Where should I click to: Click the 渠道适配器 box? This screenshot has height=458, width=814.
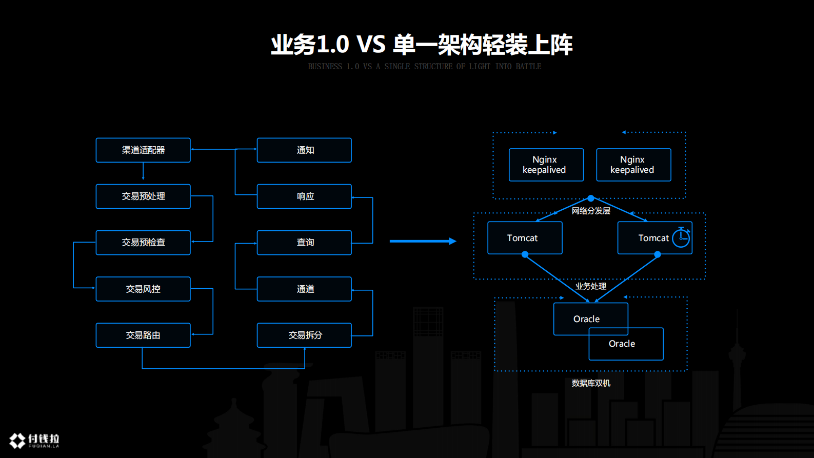(143, 150)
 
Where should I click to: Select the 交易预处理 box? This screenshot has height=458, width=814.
(143, 196)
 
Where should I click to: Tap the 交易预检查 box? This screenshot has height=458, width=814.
(143, 243)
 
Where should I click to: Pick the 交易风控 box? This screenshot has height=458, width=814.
(143, 289)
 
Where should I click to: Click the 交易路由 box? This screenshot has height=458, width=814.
(143, 335)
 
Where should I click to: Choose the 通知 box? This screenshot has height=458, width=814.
(304, 150)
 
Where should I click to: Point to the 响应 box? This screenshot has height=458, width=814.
(304, 196)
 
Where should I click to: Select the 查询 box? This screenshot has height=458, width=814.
(304, 243)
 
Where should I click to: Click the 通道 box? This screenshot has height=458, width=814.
(304, 289)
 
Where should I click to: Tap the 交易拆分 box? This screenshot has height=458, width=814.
(304, 335)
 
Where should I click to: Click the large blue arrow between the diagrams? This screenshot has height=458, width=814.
(423, 241)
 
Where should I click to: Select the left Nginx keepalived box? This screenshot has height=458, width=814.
(546, 165)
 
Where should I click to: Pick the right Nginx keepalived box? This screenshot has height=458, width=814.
(633, 165)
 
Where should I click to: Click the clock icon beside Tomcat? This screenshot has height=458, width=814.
(681, 237)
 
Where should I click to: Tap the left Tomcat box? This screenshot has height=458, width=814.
(525, 238)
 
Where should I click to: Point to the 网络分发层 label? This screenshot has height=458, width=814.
(591, 211)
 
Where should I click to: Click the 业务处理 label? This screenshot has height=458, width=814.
(591, 286)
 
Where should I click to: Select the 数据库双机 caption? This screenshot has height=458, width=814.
(591, 383)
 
